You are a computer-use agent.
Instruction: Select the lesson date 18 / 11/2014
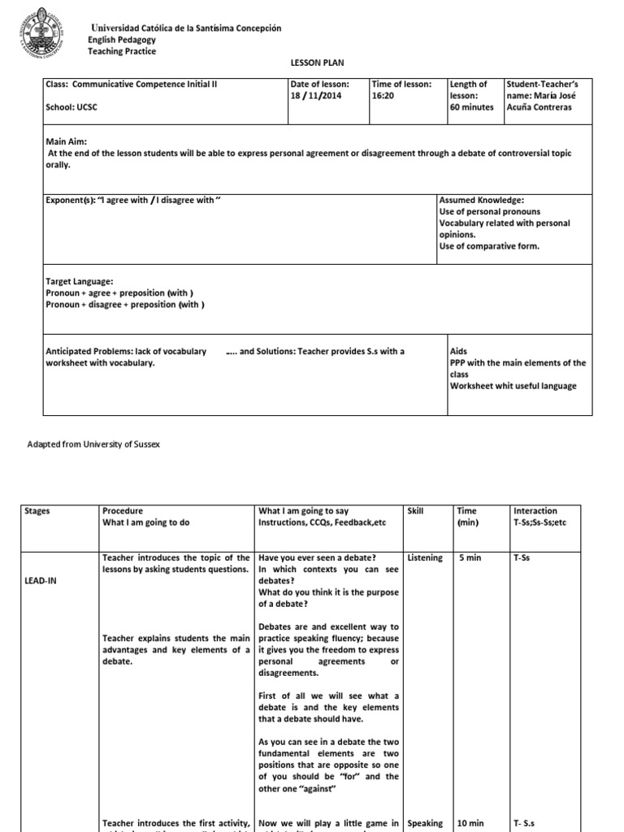click(x=314, y=95)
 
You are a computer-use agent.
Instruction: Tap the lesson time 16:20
click(x=383, y=95)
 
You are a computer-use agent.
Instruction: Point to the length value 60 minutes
click(x=472, y=106)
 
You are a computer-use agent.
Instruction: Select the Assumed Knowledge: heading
click(x=481, y=200)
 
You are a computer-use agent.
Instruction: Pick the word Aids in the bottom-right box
click(x=458, y=351)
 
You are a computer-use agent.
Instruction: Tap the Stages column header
click(x=37, y=511)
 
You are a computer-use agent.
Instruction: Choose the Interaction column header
click(x=535, y=511)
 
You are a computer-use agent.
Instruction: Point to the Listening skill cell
click(x=426, y=557)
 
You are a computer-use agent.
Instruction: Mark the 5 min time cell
click(x=470, y=557)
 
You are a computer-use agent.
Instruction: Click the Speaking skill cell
click(x=425, y=823)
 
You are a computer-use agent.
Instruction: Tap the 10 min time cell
click(x=470, y=823)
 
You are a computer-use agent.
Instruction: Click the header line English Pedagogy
click(x=122, y=40)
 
